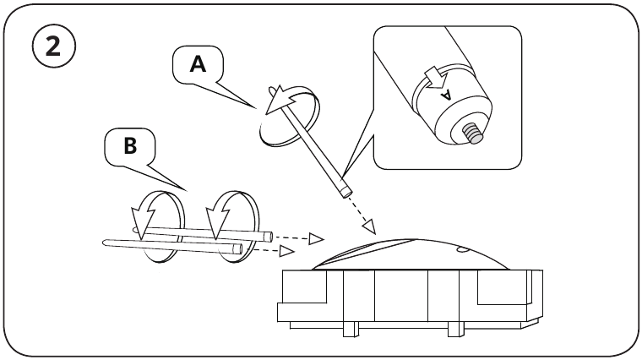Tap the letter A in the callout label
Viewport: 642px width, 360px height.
point(196,64)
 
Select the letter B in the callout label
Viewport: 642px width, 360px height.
point(130,146)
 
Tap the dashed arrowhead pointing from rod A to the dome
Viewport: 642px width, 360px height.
point(368,225)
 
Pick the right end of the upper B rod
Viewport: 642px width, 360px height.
point(269,237)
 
